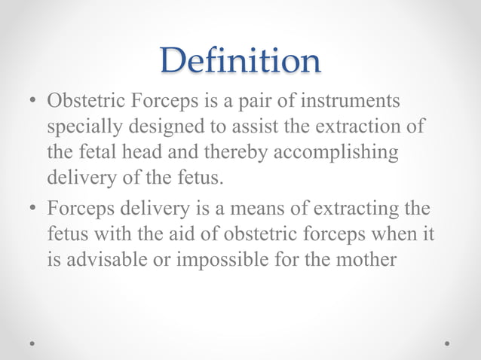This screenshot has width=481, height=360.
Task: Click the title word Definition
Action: [240, 60]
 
